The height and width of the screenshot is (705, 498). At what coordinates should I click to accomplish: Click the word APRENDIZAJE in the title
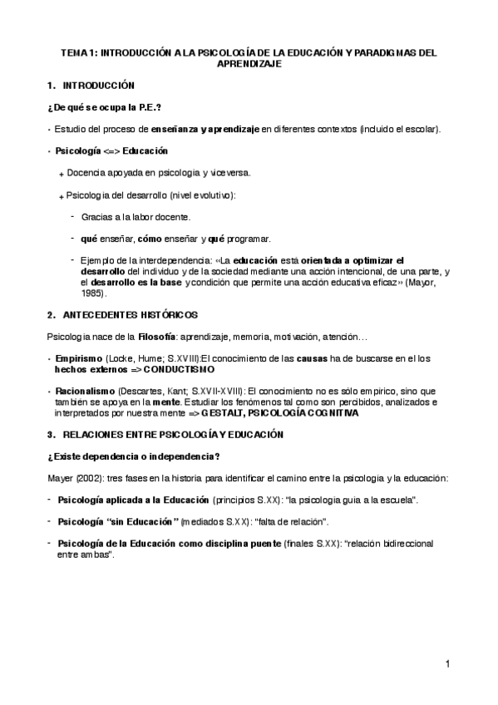249,62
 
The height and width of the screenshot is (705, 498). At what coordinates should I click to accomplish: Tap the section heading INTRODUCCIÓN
98,86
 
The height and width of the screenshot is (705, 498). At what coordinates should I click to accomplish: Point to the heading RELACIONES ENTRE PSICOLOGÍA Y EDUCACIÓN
173,434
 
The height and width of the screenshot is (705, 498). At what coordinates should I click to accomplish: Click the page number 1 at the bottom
446,663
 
